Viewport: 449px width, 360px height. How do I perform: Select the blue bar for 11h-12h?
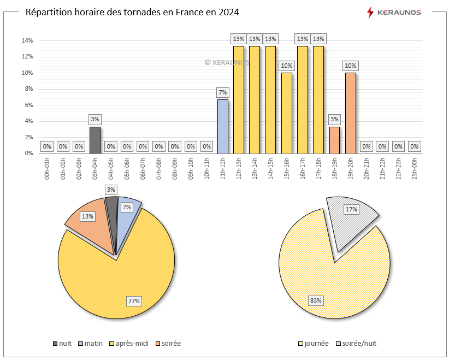[x=222, y=126]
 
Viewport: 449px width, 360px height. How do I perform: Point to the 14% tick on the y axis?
[x=27, y=40]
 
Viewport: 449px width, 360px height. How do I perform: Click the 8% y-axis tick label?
[x=28, y=89]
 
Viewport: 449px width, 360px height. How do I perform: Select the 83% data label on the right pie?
[x=316, y=300]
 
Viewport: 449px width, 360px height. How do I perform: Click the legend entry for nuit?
[x=62, y=344]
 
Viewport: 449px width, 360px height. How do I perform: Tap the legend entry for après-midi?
[x=129, y=344]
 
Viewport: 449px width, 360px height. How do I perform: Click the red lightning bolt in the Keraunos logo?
[x=370, y=12]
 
